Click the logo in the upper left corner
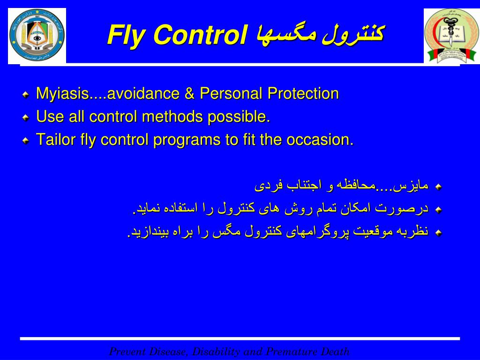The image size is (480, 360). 37,36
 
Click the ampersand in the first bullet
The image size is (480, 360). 189,94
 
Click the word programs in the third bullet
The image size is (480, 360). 188,140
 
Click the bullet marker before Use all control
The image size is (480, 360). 26,118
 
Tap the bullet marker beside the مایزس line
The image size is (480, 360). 438,187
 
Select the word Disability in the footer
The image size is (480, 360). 216,352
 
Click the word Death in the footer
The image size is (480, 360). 336,352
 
